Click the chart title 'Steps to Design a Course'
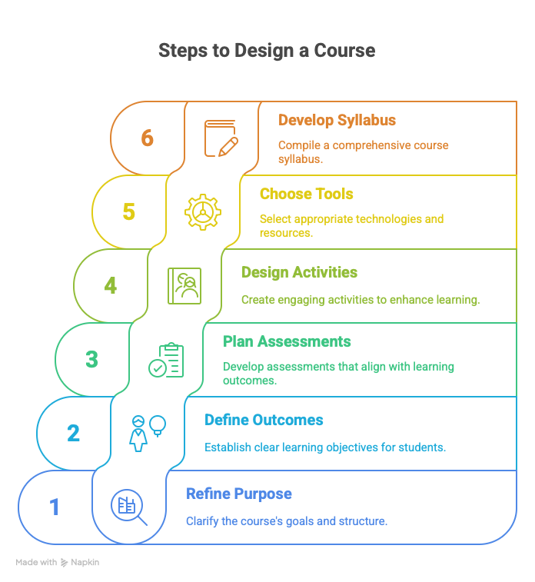tap(267, 52)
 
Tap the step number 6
tap(147, 138)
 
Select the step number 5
tap(128, 212)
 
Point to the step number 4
tap(110, 286)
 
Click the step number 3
tap(91, 360)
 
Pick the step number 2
tap(73, 434)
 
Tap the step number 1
tap(55, 507)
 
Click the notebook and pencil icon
tap(221, 138)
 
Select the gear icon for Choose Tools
tap(202, 212)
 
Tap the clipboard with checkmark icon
tap(167, 361)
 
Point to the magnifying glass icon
tap(128, 507)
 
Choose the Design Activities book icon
tap(184, 286)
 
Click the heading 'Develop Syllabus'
tap(337, 121)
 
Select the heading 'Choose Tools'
tap(306, 195)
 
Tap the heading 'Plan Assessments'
tap(287, 342)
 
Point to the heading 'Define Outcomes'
tap(264, 421)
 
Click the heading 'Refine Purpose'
tap(238, 494)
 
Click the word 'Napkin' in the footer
tap(86, 563)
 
